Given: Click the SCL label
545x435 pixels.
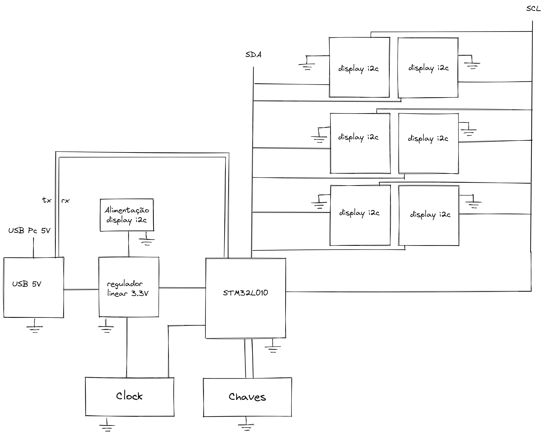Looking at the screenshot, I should point(533,9).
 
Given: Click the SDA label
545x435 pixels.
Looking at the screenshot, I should point(253,55).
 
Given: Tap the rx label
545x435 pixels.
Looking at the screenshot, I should point(66,201).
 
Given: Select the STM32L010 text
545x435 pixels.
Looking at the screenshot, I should point(245,293).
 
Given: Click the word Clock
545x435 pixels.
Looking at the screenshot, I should point(129,396).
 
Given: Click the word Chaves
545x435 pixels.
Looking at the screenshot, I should point(247,397).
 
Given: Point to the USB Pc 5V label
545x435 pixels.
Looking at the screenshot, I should point(29,231).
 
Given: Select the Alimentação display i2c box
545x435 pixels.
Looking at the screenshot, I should point(127,215).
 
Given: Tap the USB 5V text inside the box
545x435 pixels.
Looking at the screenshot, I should point(27,284).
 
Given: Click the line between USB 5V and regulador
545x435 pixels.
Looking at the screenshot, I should point(81,289).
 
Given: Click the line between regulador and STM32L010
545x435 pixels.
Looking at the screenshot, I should point(182,288).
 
